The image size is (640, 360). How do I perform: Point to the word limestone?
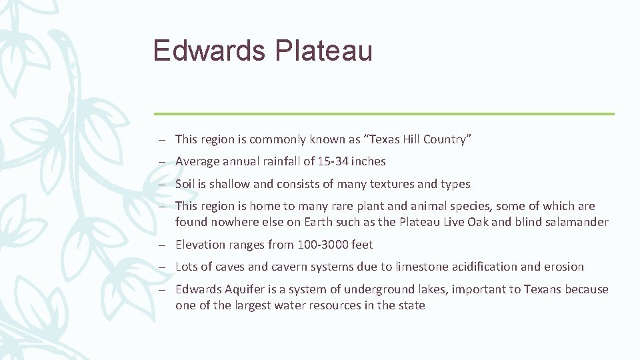point(423,267)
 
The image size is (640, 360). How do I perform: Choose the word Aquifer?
point(237,289)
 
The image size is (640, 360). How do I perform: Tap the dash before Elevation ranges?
point(162,245)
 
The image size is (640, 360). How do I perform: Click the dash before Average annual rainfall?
point(162,161)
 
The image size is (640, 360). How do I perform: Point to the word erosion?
point(564,267)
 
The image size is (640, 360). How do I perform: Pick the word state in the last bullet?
point(411,305)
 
